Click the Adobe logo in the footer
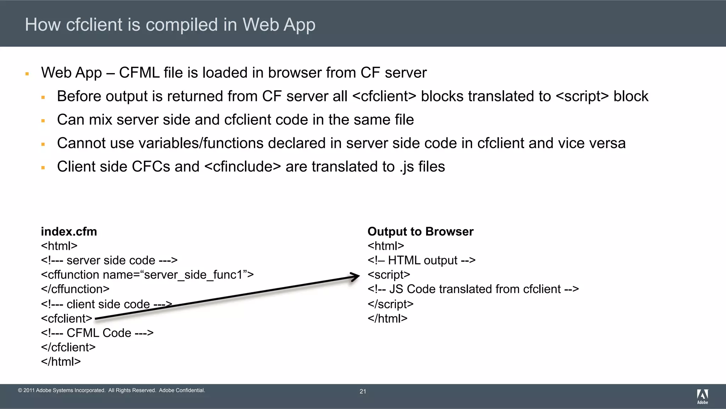click(702, 396)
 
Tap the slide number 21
click(363, 391)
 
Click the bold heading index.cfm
click(69, 231)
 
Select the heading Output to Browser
click(420, 231)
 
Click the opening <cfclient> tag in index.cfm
click(66, 319)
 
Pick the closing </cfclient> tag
click(68, 347)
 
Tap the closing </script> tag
click(390, 304)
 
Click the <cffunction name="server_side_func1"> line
click(147, 275)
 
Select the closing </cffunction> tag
click(75, 289)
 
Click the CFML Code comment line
click(97, 333)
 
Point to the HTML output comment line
click(421, 260)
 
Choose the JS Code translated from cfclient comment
click(473, 289)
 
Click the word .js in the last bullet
click(407, 167)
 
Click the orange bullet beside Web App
click(27, 74)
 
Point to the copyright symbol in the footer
click(20, 391)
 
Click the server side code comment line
click(109, 260)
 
